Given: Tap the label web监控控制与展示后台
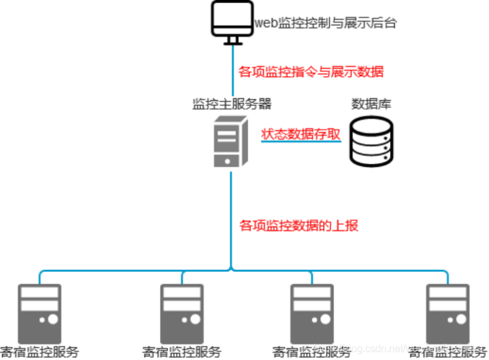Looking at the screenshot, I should tap(326, 23).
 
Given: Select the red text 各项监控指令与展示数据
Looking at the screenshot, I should tap(311, 72).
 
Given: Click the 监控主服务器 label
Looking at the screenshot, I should tap(232, 103).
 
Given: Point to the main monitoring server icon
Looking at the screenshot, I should tap(229, 144).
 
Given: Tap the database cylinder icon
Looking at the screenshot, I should tap(371, 141).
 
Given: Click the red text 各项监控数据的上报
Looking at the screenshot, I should tap(299, 224).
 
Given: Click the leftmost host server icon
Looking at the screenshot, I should tap(39, 314).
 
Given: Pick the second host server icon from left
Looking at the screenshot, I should tap(182, 314).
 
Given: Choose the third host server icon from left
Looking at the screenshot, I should tap(312, 314).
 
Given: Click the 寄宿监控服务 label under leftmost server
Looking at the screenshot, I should tap(39, 352).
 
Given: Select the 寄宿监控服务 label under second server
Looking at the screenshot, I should tap(182, 352).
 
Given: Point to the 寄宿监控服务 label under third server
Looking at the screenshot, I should tap(312, 352).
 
